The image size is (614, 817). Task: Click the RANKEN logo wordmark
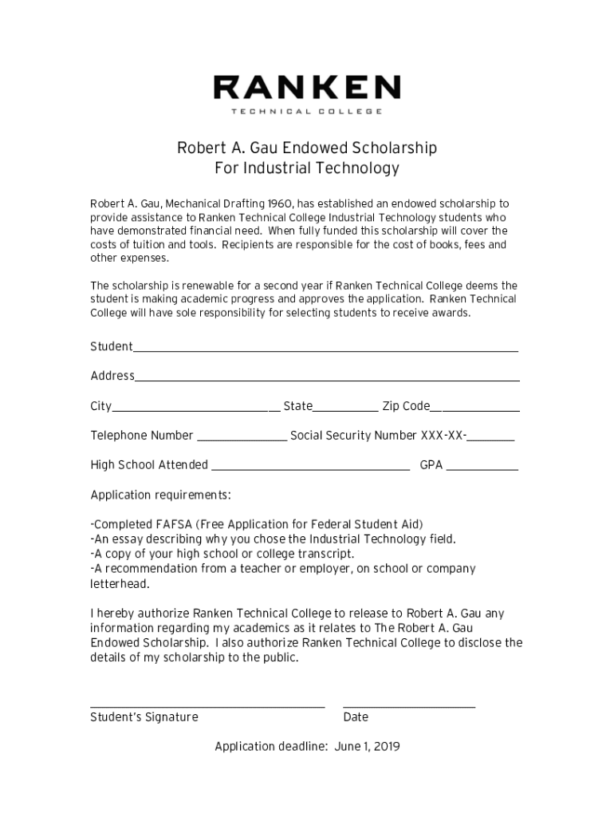[x=306, y=87]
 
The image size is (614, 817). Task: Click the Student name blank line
[x=325, y=349]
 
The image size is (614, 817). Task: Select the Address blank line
[x=327, y=379]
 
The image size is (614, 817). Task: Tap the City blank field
[x=191, y=409]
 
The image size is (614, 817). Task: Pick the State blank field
[x=345, y=409]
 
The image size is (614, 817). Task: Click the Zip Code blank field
[x=475, y=409]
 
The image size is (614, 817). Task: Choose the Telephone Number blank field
[x=242, y=439]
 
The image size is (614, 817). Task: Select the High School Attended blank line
[x=310, y=468]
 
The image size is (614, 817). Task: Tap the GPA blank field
[x=482, y=468]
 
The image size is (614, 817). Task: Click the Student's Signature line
[x=207, y=706]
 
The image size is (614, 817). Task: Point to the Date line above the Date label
[x=409, y=706]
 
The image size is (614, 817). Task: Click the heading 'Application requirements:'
[x=160, y=495]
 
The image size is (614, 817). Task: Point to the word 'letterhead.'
[x=120, y=584]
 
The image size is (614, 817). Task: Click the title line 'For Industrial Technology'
[x=307, y=168]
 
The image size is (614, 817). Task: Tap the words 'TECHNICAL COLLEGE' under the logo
[x=306, y=111]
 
